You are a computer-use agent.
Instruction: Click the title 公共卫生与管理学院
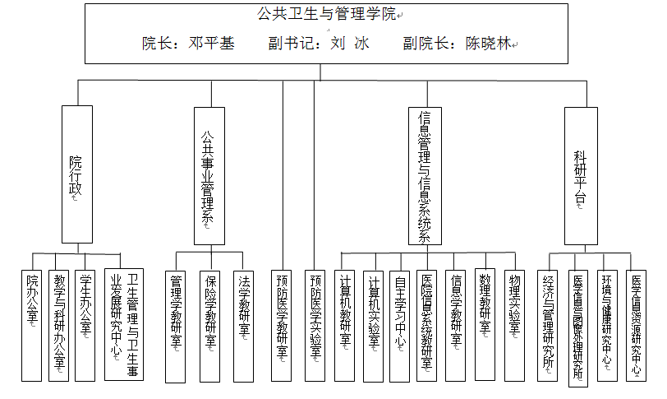[x=327, y=15]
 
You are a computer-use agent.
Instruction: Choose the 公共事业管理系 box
[x=209, y=175]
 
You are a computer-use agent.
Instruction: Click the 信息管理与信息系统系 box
[x=425, y=175]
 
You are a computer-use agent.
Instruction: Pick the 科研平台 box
[x=581, y=175]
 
